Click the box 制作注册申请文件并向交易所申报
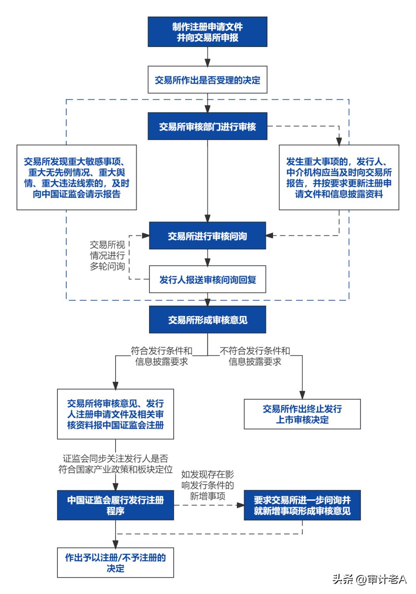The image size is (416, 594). coord(207,32)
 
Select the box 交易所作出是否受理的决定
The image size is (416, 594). coord(207,80)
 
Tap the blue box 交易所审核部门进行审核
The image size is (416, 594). coord(207,127)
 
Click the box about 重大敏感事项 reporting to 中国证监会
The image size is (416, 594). coord(77,177)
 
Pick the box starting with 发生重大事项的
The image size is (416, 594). coord(339,177)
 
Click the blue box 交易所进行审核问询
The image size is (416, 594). coord(207,236)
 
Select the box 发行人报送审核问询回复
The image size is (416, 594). coord(207,279)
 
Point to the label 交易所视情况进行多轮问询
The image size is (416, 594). coord(107,255)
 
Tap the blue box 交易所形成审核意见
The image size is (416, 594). coord(207,319)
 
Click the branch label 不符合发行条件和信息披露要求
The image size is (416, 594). coord(255,356)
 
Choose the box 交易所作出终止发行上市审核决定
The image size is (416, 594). coord(302,414)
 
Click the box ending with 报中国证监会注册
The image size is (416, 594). coord(115,414)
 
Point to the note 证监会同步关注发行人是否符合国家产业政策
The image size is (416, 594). coord(115,464)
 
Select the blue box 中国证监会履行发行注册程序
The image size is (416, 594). coord(115,505)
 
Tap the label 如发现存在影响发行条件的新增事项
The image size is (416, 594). coord(207,485)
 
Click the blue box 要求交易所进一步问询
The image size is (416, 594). coord(302,505)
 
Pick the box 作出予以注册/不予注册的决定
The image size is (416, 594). coord(115,562)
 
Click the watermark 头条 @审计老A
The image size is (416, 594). coord(369,579)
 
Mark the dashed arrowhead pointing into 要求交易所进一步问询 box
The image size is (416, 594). coord(240,505)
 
